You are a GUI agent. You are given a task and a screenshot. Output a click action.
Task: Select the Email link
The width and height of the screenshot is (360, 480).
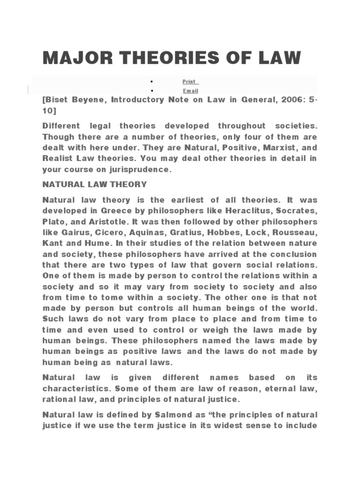[190, 91]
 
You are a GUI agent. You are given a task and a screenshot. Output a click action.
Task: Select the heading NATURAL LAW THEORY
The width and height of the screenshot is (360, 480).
[95, 184]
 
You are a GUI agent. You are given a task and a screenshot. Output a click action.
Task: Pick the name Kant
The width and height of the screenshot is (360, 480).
[52, 243]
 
